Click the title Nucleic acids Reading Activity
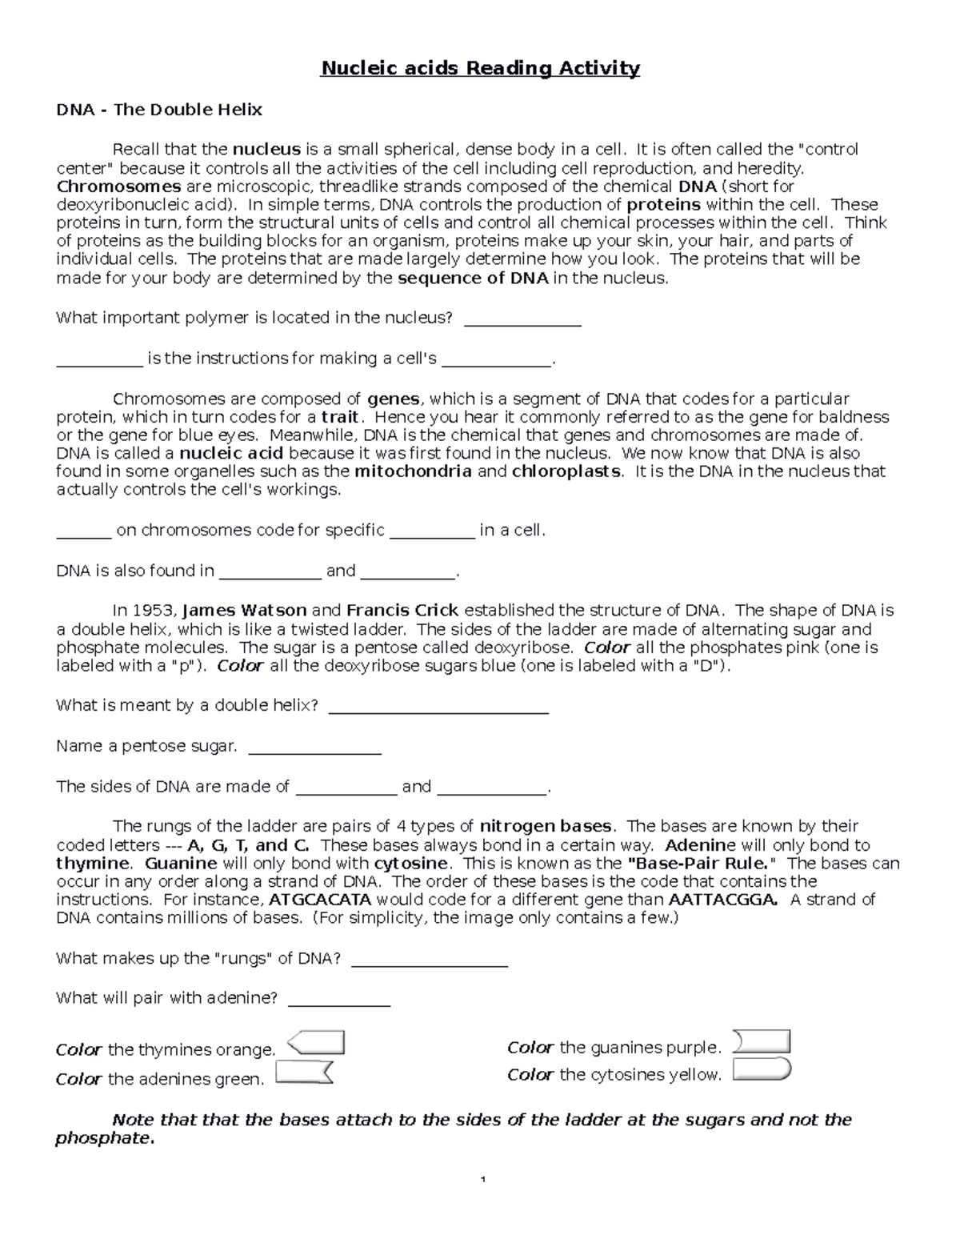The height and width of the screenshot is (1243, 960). tap(480, 69)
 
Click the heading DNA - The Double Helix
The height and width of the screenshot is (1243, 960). tap(158, 110)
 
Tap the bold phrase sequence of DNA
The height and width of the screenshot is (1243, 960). tap(473, 279)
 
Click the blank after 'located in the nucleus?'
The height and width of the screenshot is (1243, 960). tap(522, 319)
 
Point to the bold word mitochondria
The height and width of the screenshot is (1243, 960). tap(413, 471)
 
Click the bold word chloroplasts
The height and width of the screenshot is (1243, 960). tap(566, 471)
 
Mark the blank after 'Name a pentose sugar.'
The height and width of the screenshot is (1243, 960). tap(315, 748)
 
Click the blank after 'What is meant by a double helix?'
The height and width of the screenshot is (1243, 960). tap(438, 707)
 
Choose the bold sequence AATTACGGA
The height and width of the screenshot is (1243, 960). tap(722, 900)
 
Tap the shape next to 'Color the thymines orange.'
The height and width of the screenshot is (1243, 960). tap(316, 1043)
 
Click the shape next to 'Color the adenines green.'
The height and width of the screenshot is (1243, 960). tap(304, 1073)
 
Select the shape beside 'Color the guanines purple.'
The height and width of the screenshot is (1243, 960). tap(762, 1041)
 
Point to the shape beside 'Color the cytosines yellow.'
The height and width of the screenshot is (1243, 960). tap(762, 1069)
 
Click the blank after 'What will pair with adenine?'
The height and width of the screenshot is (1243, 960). tap(338, 1000)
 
